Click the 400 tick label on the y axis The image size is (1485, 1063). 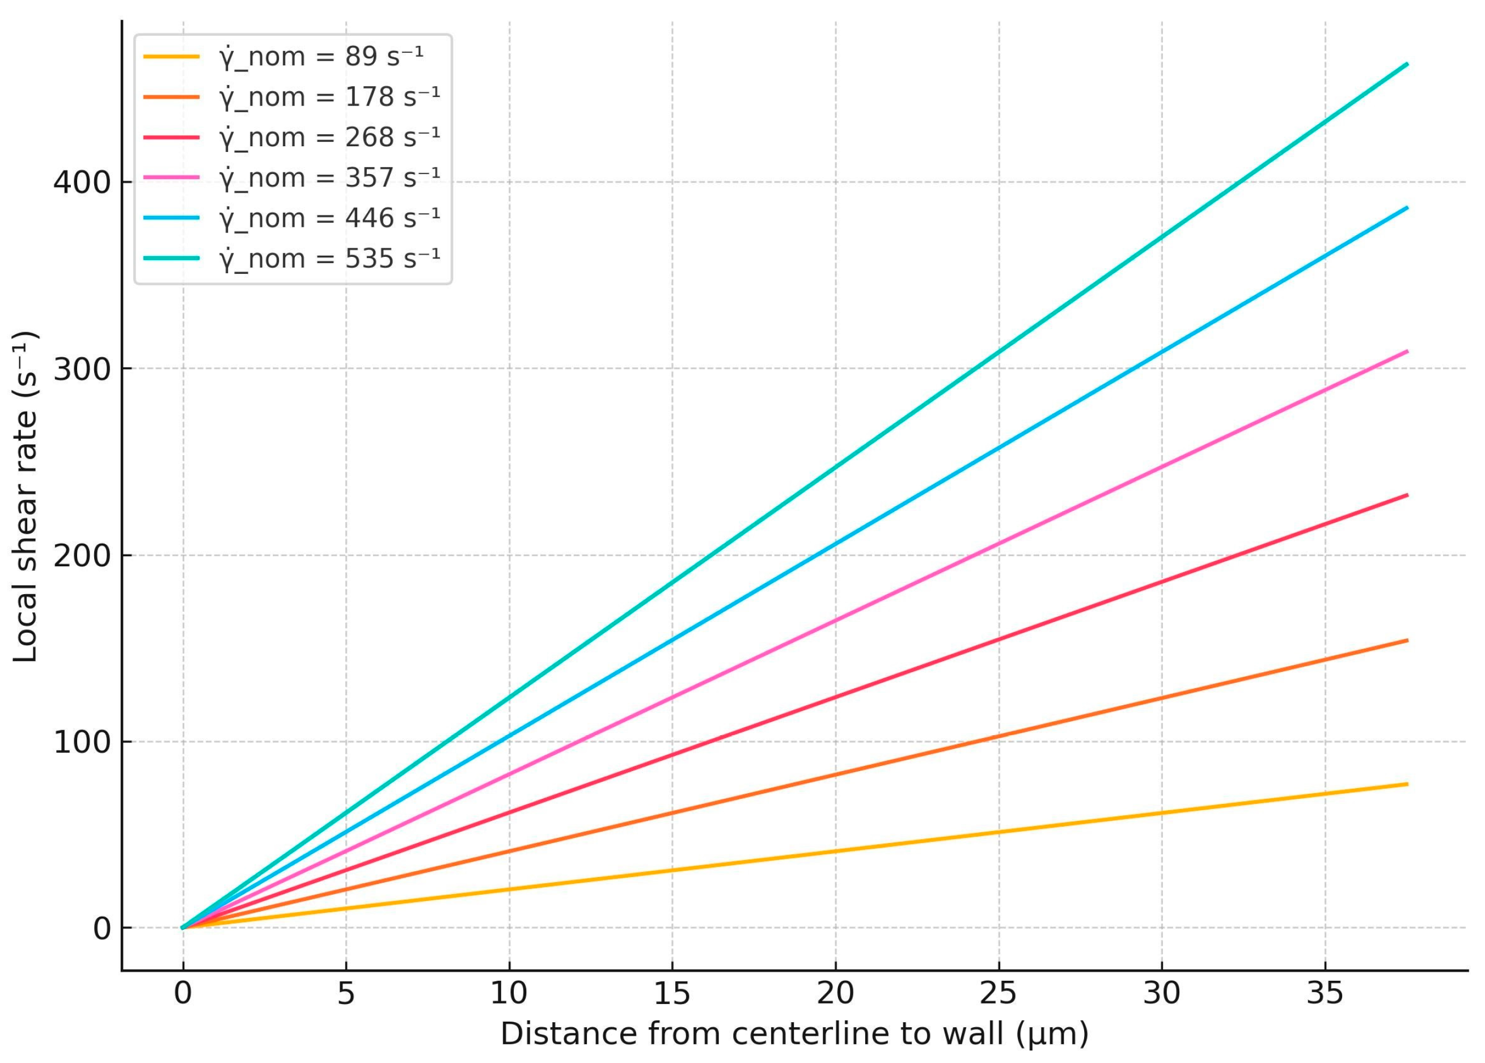(82, 182)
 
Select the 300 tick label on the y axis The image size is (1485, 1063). (82, 369)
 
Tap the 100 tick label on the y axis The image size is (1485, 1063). (82, 742)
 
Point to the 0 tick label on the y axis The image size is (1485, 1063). (102, 929)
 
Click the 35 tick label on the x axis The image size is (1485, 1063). (1325, 994)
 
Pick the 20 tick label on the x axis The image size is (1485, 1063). (835, 994)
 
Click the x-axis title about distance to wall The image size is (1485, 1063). (794, 1034)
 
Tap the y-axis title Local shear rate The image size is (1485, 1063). (26, 497)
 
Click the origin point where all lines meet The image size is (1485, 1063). (183, 928)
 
